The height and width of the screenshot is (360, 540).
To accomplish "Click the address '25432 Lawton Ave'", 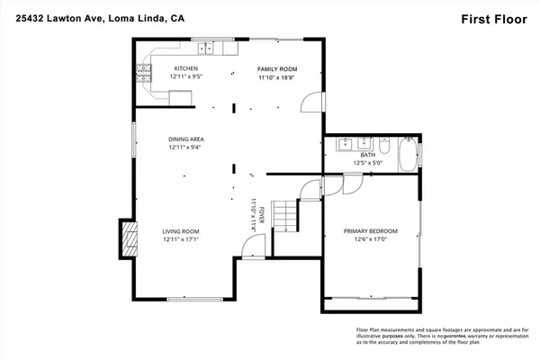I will click(54, 18).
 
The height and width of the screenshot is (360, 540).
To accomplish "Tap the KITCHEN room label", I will click(186, 68).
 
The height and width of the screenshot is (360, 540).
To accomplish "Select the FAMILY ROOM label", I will click(277, 68).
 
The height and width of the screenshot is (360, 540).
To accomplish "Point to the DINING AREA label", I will click(186, 139).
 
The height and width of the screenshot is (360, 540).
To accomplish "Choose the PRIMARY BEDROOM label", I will click(370, 231).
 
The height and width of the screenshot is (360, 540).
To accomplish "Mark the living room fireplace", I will click(130, 238).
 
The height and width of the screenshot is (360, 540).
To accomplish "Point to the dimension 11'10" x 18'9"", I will click(277, 77).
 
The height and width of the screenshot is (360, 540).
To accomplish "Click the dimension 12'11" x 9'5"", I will click(186, 77).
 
